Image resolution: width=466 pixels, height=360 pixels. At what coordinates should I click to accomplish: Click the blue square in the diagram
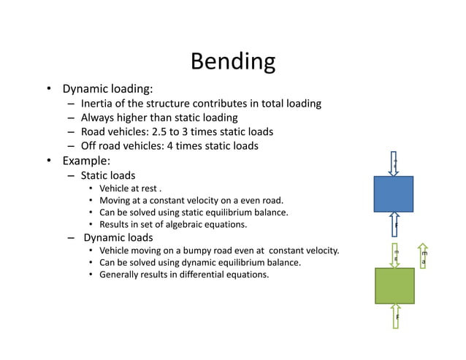coord(393,194)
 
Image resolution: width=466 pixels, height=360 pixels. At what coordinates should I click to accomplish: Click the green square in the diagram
coord(394,286)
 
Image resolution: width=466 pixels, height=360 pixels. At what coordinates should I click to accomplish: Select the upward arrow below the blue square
coord(394,223)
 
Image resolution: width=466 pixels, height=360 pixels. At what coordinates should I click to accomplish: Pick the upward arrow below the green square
coord(395,315)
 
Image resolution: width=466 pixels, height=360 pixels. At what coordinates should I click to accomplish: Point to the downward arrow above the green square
coord(395,255)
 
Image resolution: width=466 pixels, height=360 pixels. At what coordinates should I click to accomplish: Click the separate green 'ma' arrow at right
coord(423,255)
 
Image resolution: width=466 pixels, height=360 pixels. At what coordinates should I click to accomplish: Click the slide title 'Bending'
coord(232,61)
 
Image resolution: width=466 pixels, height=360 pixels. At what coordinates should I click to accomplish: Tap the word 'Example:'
coord(85,161)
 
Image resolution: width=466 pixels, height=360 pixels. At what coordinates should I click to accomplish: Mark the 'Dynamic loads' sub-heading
coord(118,237)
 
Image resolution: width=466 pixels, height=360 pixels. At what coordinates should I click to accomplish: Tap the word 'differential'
coord(196,275)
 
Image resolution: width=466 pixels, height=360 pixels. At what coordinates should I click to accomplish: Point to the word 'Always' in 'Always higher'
coord(98,118)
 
